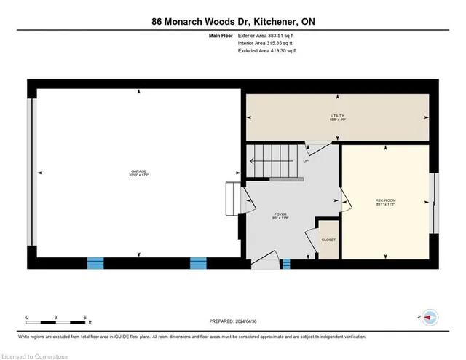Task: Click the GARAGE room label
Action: [138, 173]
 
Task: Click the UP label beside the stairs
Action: [305, 161]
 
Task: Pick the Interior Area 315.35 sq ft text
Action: [267, 43]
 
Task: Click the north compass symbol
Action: [430, 317]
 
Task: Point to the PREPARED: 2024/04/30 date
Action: [233, 320]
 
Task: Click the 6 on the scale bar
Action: [86, 317]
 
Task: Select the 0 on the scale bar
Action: [27, 317]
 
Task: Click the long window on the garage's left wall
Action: [31, 173]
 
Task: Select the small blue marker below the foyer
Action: [286, 263]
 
